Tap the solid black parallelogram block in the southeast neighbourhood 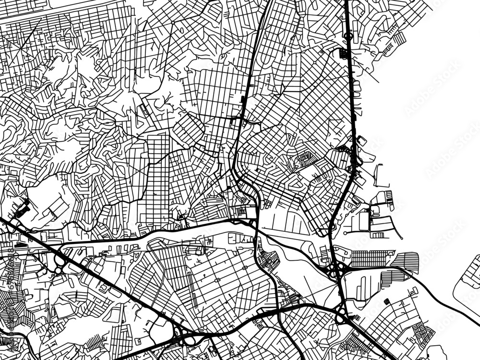click(387, 301)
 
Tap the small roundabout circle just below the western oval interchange click(59, 271)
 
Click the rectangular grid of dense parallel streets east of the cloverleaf click(372, 258)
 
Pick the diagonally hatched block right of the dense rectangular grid click(407, 262)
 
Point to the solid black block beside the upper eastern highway click(343, 53)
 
